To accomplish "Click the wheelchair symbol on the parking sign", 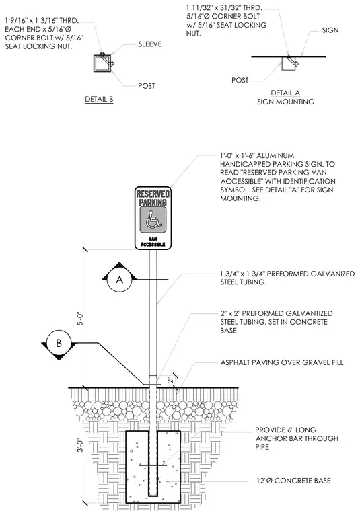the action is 153,220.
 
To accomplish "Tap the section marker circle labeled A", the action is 120,280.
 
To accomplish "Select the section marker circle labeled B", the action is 59,343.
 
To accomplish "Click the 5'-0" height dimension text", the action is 80,319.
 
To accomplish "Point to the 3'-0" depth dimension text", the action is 80,445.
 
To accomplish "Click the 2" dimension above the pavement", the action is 170,381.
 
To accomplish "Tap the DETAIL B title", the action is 99,99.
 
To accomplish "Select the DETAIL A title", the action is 285,93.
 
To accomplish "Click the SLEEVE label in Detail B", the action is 150,44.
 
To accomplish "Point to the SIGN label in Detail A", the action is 330,30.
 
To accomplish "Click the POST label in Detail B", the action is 147,86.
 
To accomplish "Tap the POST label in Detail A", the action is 240,80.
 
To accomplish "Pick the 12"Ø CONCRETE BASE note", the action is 293,481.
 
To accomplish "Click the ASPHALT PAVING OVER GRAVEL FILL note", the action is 282,362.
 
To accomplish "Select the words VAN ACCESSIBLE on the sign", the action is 153,242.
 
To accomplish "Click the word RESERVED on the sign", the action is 153,194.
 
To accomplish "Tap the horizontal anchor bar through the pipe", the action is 153,465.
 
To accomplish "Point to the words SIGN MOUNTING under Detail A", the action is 286,102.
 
